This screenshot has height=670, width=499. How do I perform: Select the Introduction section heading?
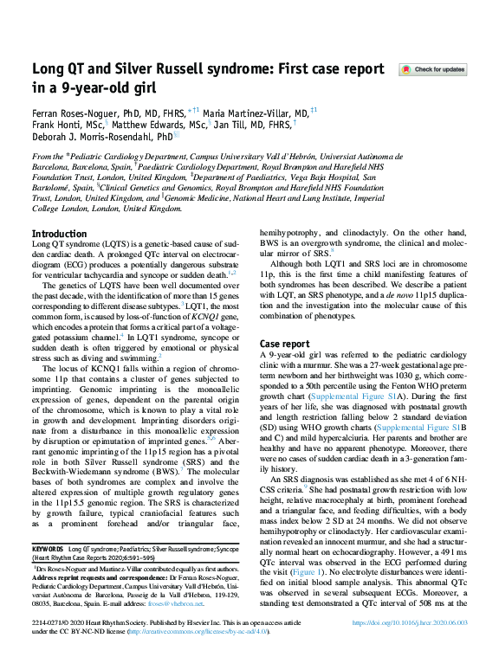click(x=59, y=235)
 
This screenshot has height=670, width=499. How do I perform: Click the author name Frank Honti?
click(x=60, y=124)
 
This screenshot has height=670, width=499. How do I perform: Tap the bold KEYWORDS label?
click(x=49, y=550)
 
